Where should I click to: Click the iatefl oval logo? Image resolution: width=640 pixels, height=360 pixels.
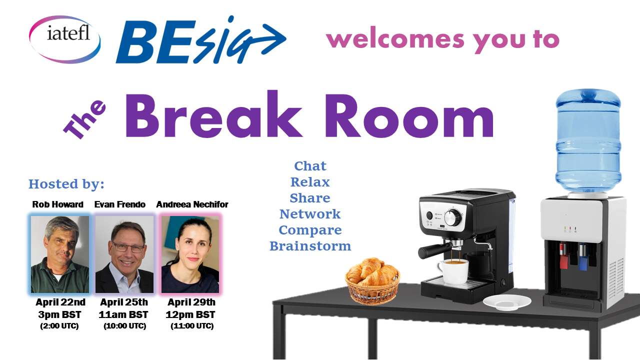[x=65, y=39]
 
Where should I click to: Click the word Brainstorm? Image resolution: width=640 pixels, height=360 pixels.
[x=310, y=246]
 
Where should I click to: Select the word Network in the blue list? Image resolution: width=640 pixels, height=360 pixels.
[x=310, y=214]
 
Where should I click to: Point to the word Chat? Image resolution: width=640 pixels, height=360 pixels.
[x=310, y=166]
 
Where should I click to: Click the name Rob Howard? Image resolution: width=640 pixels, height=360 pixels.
[x=57, y=204]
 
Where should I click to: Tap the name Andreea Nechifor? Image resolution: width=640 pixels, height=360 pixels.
[x=192, y=204]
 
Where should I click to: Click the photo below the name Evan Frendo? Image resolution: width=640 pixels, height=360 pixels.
[x=124, y=254]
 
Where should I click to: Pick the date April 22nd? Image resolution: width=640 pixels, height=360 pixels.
[x=60, y=302]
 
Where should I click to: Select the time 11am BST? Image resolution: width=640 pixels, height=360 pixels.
[x=123, y=314]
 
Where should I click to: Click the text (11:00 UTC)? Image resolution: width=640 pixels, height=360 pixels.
[x=192, y=326]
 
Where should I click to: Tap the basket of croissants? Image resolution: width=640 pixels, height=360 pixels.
[x=372, y=280]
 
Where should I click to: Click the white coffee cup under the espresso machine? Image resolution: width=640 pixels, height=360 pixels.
[x=453, y=271]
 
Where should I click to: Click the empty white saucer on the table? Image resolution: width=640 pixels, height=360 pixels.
[x=507, y=302]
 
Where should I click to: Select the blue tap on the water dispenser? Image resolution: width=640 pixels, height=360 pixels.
[x=583, y=257]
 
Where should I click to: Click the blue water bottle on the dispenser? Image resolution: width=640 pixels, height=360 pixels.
[x=588, y=141]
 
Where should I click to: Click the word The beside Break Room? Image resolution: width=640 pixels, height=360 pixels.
[x=84, y=119]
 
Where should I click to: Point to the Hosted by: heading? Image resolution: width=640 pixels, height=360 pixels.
[x=66, y=184]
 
